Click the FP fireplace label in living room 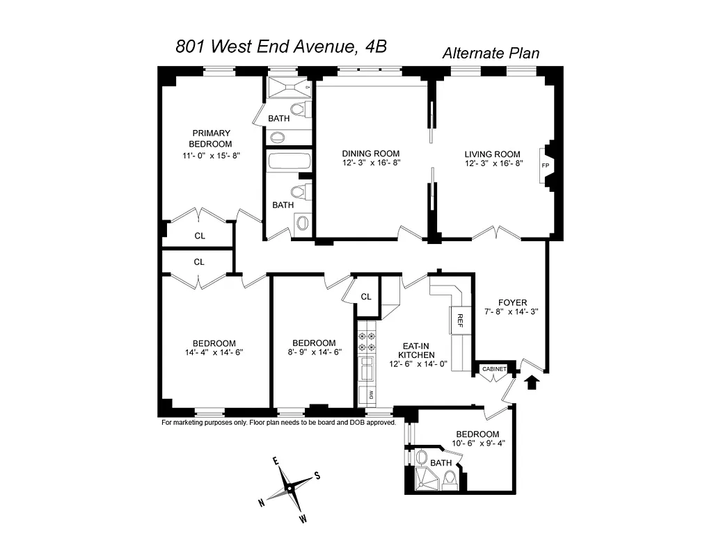(x=545, y=165)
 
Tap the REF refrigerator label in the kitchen (x=460, y=320)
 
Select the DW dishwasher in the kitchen (x=371, y=395)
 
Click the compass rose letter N (x=262, y=502)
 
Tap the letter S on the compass (x=317, y=475)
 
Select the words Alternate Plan (x=491, y=53)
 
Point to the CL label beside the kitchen (x=366, y=297)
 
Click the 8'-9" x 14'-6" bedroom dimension (x=314, y=352)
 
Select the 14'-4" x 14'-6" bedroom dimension (x=214, y=352)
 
